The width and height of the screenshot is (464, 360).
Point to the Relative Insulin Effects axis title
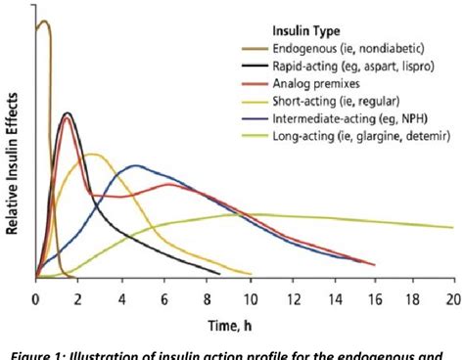click(x=12, y=161)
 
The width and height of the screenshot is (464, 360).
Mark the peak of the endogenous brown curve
click(x=43, y=21)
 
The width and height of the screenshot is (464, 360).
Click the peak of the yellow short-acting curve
click(x=93, y=154)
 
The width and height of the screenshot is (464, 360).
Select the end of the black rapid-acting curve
click(x=220, y=273)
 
